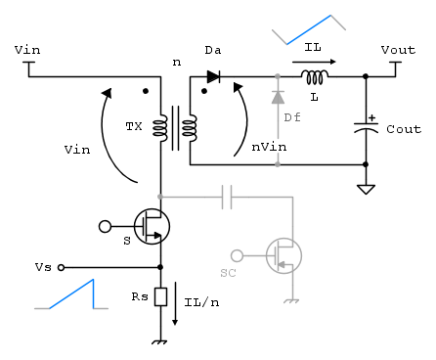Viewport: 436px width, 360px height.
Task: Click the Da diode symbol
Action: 213,77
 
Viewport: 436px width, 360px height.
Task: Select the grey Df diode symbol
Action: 278,97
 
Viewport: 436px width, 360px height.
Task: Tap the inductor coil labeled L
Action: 315,77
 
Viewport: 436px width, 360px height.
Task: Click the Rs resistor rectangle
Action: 160,296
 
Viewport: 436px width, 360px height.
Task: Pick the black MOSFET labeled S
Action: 152,226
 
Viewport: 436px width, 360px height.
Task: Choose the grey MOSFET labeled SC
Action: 283,255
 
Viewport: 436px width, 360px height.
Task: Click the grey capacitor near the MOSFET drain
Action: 227,197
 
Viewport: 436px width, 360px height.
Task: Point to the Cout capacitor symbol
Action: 366,128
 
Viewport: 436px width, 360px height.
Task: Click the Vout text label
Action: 398,50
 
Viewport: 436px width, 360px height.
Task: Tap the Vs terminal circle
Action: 61,267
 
